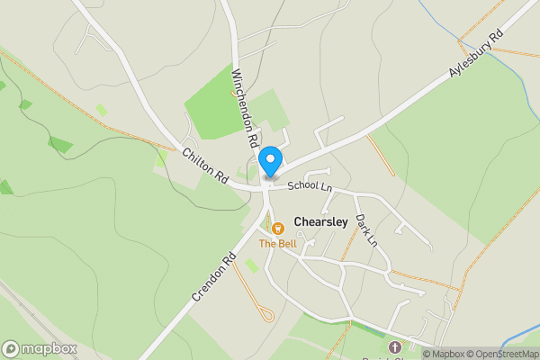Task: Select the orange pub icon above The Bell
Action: pyautogui.click(x=276, y=229)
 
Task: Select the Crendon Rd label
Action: pyautogui.click(x=212, y=275)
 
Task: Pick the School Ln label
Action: pyautogui.click(x=310, y=187)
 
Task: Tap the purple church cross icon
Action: pyautogui.click(x=393, y=347)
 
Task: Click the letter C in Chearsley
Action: pyautogui.click(x=298, y=220)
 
